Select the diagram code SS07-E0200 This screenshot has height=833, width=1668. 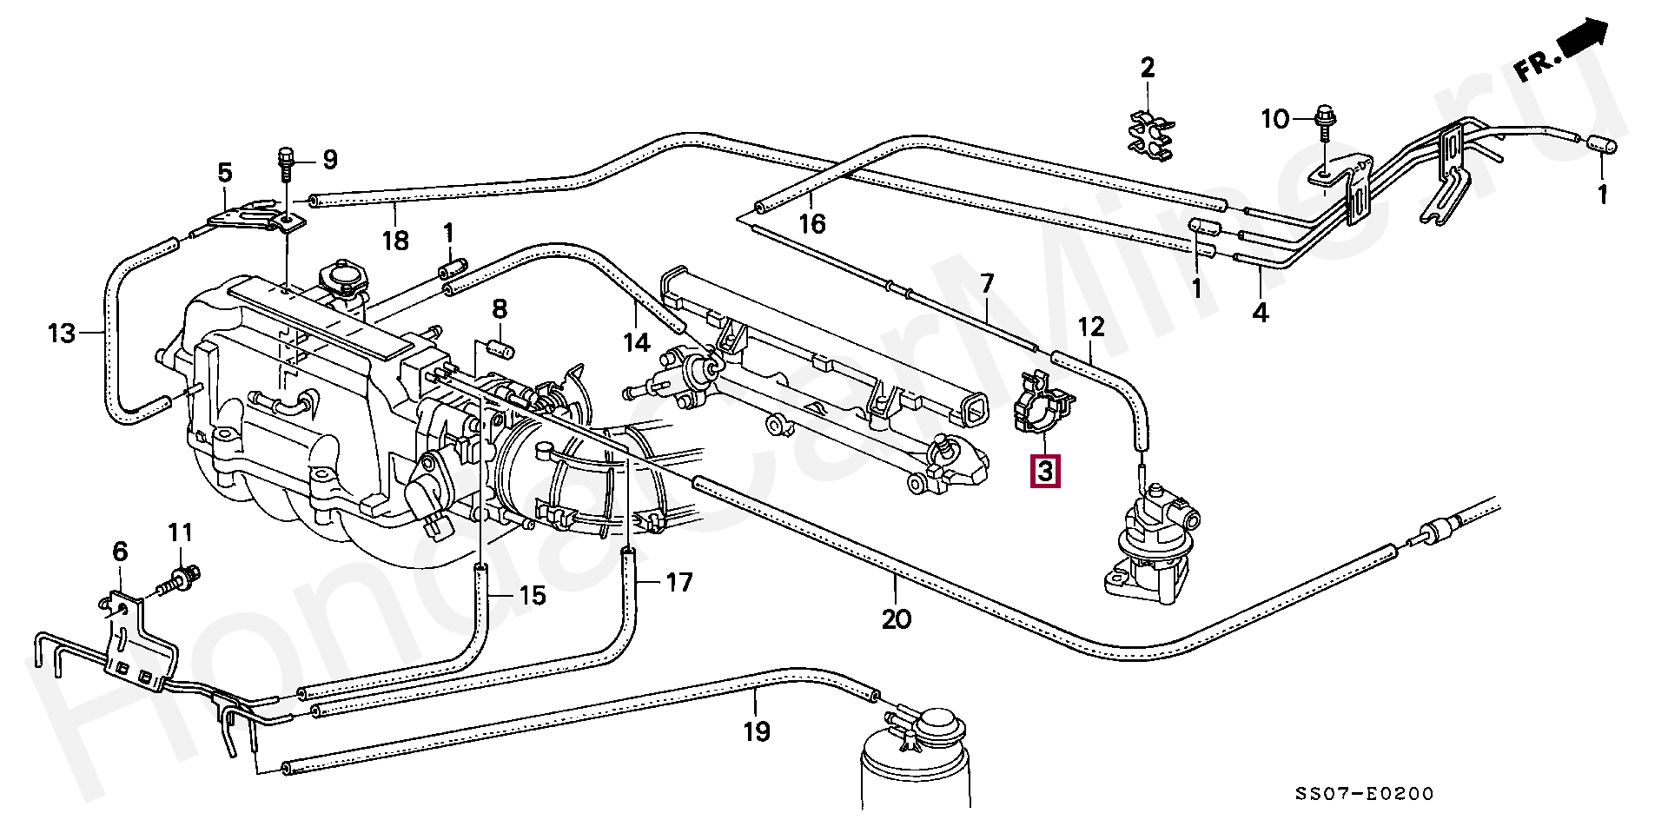pos(1364,794)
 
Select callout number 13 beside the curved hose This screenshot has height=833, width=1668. pos(62,333)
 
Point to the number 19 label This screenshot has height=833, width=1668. pos(757,731)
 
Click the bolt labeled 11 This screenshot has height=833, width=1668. pos(185,574)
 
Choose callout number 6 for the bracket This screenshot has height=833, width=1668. pos(120,552)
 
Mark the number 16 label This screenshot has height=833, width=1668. pos(812,224)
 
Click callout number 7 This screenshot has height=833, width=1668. pos(987,283)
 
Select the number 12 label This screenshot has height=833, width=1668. pos(1092,327)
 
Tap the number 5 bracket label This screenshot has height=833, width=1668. pos(225,172)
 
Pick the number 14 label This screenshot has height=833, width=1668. pos(637,342)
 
